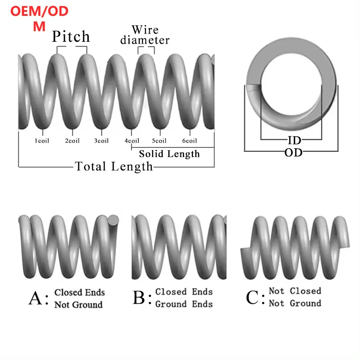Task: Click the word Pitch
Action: point(71,36)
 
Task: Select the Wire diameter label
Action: point(145,36)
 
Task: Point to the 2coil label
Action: point(72,141)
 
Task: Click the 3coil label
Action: point(101,141)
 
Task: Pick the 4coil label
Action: point(132,141)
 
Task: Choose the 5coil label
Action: point(159,141)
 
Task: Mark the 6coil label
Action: point(190,141)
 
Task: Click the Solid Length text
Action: point(169,154)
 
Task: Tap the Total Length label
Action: point(114,167)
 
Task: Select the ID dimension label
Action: point(294,140)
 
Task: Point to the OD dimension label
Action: point(293,153)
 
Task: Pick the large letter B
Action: point(139,298)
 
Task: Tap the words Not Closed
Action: point(295,291)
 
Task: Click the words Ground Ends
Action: point(184,304)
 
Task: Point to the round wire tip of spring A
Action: point(115,221)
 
